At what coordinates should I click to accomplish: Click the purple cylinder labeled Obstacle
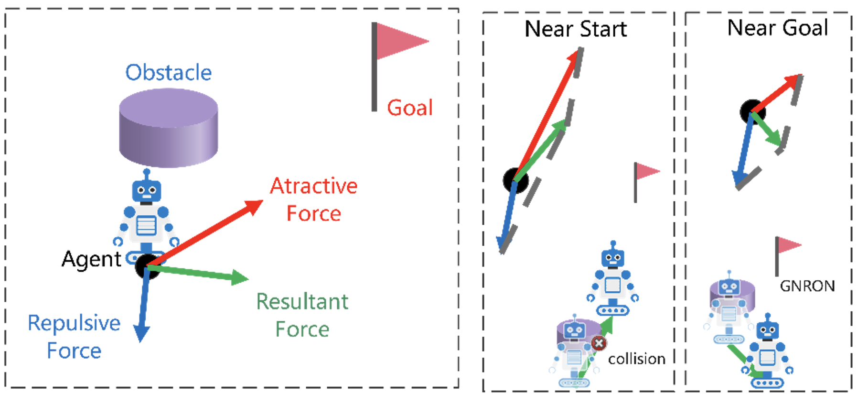tap(168, 128)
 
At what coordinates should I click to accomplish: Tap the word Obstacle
tap(168, 73)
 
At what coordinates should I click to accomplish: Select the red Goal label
tap(410, 108)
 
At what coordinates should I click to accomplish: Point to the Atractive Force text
tap(313, 199)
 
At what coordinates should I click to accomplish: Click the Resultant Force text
tap(302, 315)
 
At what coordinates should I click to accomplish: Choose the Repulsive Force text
tap(74, 337)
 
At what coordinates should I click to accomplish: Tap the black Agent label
tap(91, 259)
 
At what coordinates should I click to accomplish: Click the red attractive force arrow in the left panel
tap(205, 233)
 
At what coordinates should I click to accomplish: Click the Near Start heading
tap(576, 29)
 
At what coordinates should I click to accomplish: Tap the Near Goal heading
tap(777, 28)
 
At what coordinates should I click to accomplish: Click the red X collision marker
tap(599, 343)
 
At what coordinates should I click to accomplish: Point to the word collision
tap(636, 359)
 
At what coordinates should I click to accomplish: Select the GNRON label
tap(807, 286)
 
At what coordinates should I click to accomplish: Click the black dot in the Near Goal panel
tap(752, 111)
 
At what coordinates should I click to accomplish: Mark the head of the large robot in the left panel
tap(146, 190)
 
